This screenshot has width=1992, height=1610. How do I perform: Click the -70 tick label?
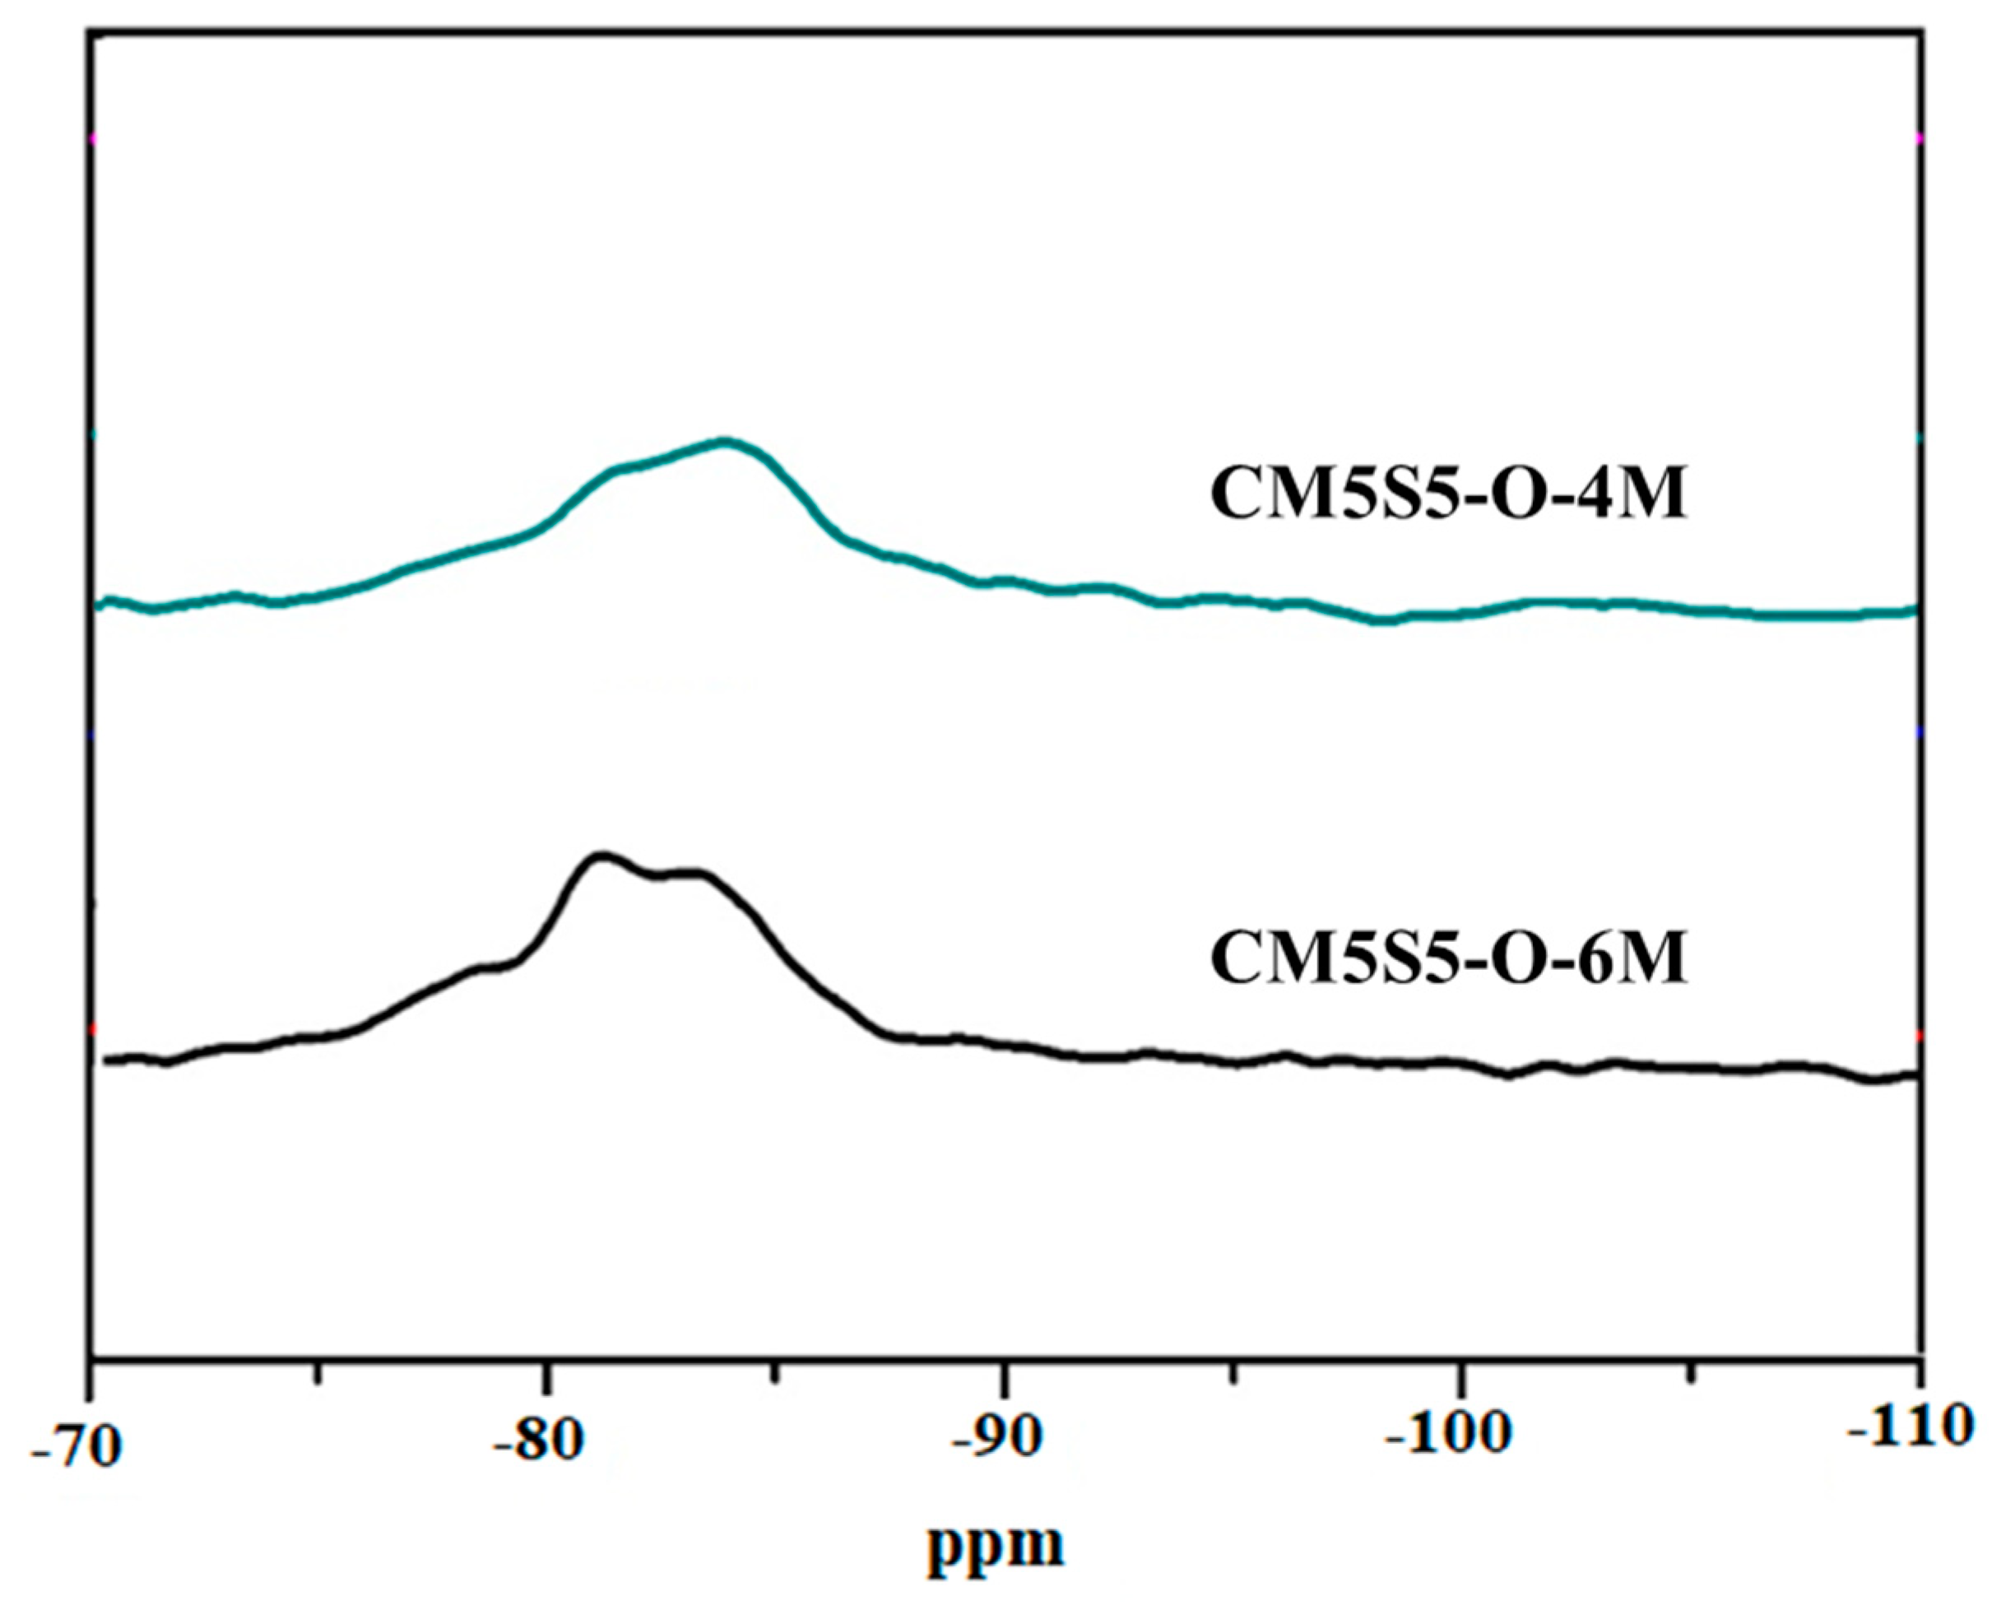pos(76,1448)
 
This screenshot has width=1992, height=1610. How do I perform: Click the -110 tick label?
pos(1906,1427)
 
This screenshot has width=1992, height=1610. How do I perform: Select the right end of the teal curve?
pos(1914,610)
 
